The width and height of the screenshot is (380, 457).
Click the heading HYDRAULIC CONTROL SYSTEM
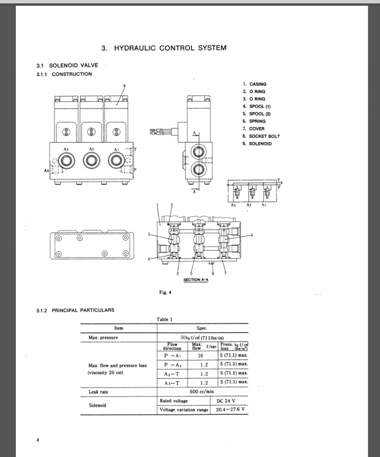tap(164, 48)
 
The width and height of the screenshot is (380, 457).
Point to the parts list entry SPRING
tap(257, 121)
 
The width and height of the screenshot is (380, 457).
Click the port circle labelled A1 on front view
tap(116, 159)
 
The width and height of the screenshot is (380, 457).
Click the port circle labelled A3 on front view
tap(66, 159)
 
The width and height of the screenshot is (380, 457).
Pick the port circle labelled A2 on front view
tap(91, 159)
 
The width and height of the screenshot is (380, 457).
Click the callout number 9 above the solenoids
tap(124, 86)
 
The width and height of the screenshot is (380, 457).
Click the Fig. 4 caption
tap(165, 292)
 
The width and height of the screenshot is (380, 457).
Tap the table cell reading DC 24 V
tap(226, 401)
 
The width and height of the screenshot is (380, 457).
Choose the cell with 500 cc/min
tap(203, 392)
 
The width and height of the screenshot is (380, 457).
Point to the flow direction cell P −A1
tap(172, 355)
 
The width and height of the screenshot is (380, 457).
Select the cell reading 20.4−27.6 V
tap(230, 410)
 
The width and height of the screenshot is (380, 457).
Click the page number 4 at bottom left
tap(37, 440)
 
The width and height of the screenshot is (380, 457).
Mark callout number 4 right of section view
tap(251, 236)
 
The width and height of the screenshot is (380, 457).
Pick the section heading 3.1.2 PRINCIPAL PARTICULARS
tap(75, 310)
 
